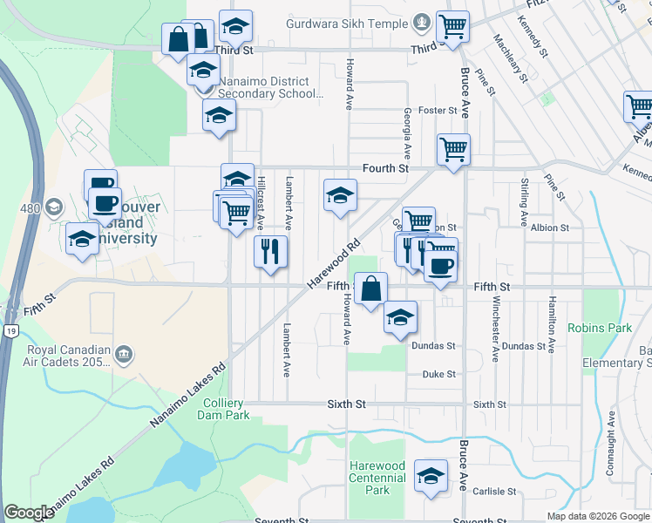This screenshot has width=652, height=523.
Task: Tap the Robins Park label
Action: pos(599,329)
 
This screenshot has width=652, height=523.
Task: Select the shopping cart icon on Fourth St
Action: pos(453,150)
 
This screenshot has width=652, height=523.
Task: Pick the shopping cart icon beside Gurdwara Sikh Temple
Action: pos(452,27)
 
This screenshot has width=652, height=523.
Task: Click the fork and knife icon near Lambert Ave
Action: pos(270,252)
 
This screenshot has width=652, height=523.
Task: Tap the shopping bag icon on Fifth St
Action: pos(370,289)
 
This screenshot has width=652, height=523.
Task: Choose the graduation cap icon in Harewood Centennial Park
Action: pos(430,476)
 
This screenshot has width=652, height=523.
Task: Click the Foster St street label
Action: pos(438,111)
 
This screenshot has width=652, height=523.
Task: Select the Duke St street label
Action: pos(438,374)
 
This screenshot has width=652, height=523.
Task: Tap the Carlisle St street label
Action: pos(492,492)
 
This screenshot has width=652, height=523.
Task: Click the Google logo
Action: pos(30,513)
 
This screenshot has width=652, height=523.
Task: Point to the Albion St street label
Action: pos(549,228)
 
